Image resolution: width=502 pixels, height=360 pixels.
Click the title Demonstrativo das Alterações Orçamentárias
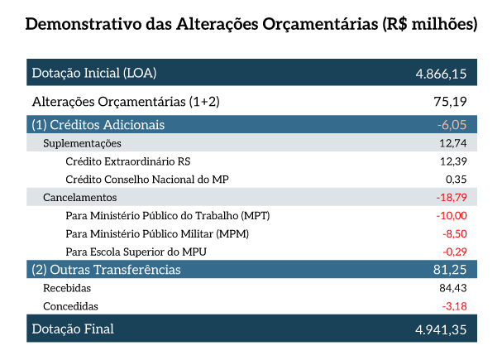pos(251,24)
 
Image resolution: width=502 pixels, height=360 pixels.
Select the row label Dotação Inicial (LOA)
pos(93,73)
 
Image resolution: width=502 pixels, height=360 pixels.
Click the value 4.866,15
pos(441,74)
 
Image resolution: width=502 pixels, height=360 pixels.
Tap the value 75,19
pos(452,102)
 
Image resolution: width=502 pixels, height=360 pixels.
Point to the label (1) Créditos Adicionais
pos(98,125)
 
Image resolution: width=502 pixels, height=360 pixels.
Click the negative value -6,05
pos(452,125)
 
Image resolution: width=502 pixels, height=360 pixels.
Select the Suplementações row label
pos(82,143)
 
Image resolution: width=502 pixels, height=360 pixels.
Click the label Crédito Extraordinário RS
pos(133,161)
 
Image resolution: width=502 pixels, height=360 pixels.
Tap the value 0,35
pos(456,179)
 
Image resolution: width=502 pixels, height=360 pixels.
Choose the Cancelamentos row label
pos(79,197)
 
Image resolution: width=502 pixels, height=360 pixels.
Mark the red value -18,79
pos(451,197)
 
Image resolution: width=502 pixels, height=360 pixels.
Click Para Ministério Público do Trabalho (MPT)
pos(168,215)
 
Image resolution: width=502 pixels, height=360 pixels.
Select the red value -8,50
pos(453,233)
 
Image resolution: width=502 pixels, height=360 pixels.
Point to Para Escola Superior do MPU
pos(136,252)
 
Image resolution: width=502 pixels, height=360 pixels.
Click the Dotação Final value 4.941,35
pos(441,329)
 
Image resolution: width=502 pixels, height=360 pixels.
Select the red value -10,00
pos(452,215)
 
